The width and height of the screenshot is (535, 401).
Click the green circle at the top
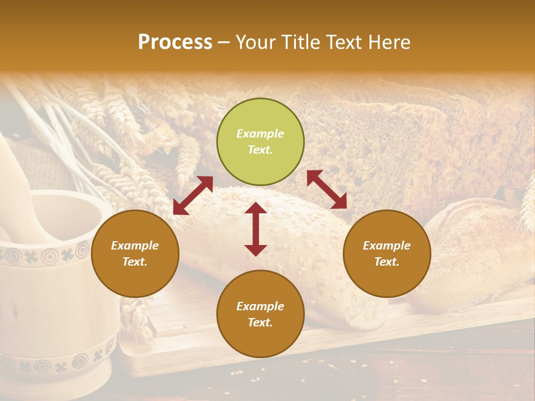pyautogui.click(x=260, y=142)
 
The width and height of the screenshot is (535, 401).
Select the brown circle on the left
pyautogui.click(x=135, y=253)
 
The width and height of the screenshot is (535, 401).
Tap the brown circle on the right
pyautogui.click(x=387, y=253)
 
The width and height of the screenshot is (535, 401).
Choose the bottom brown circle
pyautogui.click(x=260, y=314)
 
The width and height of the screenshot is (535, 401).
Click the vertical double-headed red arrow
pyautogui.click(x=256, y=229)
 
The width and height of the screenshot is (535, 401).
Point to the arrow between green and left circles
pyautogui.click(x=193, y=195)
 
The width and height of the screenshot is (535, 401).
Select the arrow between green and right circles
pyautogui.click(x=327, y=189)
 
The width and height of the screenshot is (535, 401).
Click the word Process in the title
pyautogui.click(x=175, y=42)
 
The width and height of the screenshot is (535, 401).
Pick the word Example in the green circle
pyautogui.click(x=260, y=134)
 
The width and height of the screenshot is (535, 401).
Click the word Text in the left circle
pyautogui.click(x=135, y=262)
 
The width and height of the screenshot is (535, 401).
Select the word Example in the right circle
pyautogui.click(x=387, y=246)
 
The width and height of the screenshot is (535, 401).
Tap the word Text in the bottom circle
pyautogui.click(x=260, y=322)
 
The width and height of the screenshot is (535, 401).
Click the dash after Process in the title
pyautogui.click(x=224, y=42)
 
